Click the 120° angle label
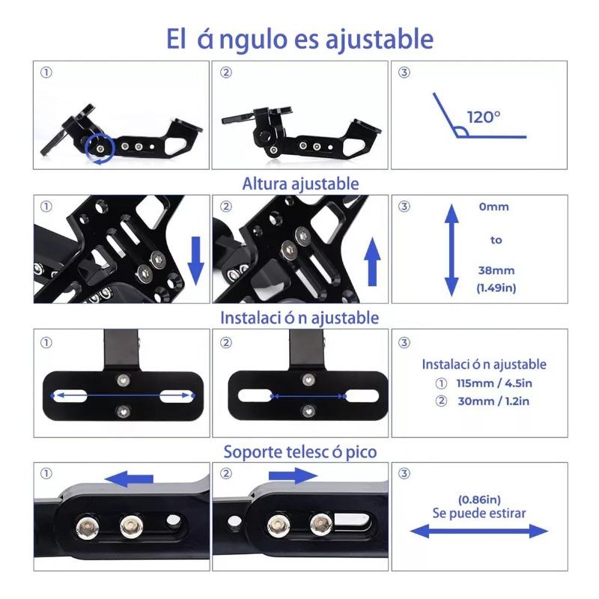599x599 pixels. (x=483, y=117)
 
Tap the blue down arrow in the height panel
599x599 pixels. (x=196, y=261)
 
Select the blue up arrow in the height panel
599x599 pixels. (x=372, y=261)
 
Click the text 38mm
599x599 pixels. (x=496, y=270)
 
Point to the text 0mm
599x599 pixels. (x=493, y=207)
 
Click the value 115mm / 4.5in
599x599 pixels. (x=494, y=383)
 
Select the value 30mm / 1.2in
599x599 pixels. (x=493, y=401)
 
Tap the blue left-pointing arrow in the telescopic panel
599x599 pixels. (x=129, y=478)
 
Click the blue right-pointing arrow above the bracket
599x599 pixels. (x=293, y=475)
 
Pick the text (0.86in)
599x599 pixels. (x=479, y=499)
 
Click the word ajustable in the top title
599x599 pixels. (x=379, y=40)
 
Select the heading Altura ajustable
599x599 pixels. (x=301, y=183)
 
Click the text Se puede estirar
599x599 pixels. (x=479, y=513)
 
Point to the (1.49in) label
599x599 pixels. (x=496, y=288)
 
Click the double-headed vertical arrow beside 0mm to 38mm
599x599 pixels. (x=451, y=250)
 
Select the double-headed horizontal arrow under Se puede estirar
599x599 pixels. (x=479, y=531)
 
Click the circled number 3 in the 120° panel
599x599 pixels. (x=404, y=72)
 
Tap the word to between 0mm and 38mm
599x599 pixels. (x=496, y=240)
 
